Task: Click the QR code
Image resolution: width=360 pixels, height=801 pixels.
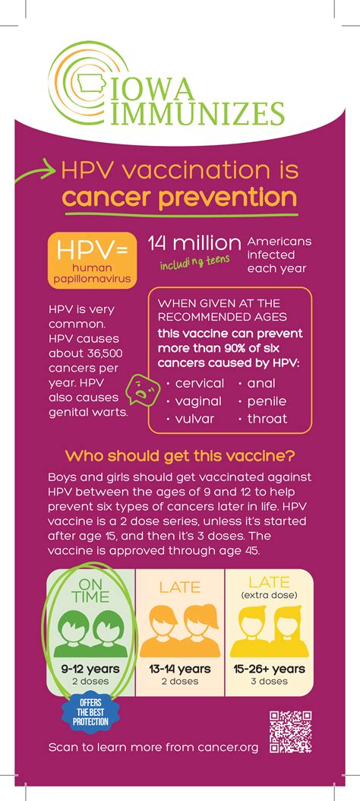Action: (x=291, y=731)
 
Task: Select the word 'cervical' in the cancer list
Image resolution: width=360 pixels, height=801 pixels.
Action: (x=199, y=383)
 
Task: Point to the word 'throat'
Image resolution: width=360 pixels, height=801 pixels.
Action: (x=267, y=419)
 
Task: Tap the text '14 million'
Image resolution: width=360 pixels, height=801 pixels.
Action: (x=194, y=242)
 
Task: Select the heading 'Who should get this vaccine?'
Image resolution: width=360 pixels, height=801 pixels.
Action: (x=180, y=456)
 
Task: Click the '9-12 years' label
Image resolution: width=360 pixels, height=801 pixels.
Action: (x=90, y=669)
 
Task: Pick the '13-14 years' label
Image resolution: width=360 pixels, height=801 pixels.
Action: (x=179, y=669)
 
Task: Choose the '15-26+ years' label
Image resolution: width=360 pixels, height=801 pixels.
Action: (x=269, y=669)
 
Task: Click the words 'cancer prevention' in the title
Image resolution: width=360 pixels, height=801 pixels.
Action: (x=179, y=198)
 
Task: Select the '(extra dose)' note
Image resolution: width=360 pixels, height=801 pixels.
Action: (x=269, y=595)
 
